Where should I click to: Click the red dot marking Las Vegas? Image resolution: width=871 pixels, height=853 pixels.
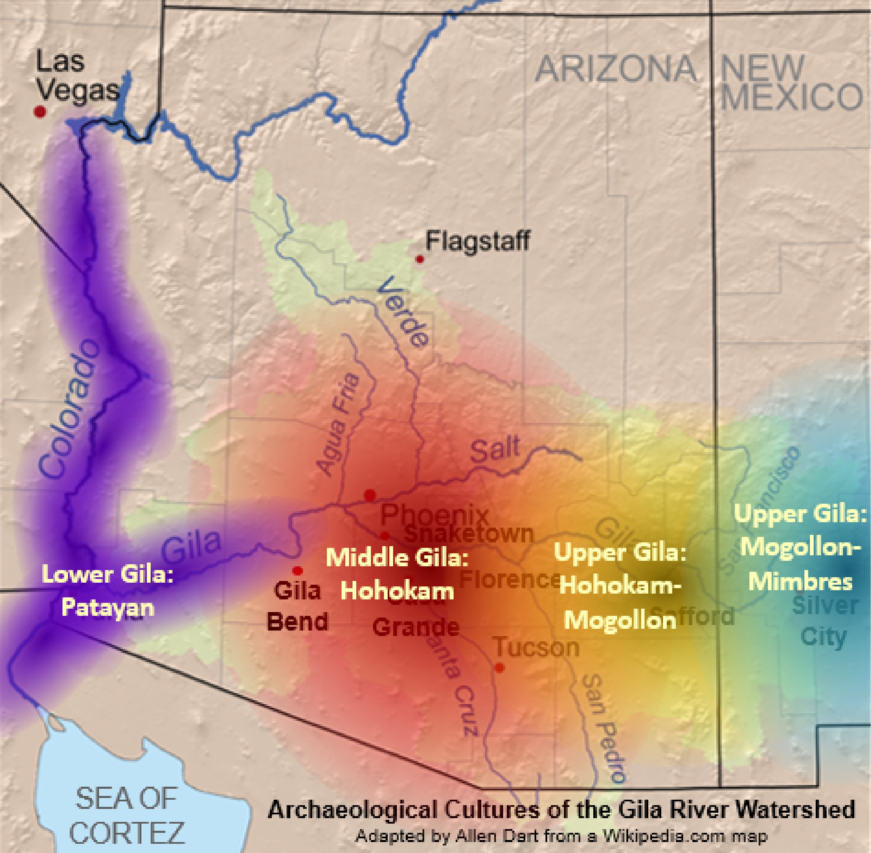[x=40, y=111]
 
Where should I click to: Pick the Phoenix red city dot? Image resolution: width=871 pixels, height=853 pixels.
[x=370, y=495]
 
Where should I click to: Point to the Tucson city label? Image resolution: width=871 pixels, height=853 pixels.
[x=537, y=647]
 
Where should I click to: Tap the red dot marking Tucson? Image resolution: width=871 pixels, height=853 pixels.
[x=500, y=667]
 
